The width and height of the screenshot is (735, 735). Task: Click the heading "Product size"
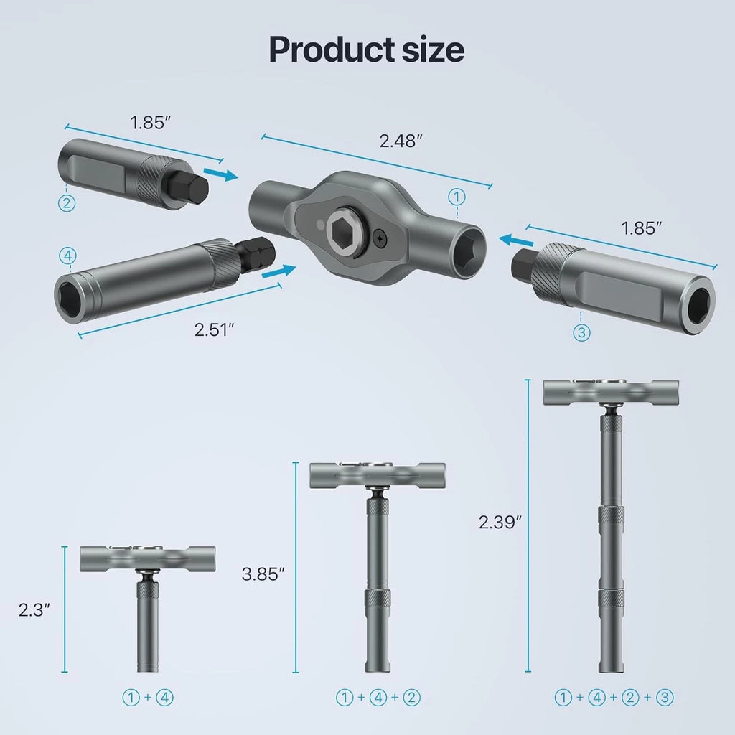366,50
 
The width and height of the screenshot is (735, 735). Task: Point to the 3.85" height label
264,574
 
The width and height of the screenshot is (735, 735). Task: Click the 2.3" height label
34,610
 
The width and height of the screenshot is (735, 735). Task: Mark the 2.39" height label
499,522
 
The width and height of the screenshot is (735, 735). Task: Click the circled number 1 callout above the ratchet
457,195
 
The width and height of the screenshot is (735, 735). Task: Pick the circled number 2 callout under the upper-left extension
67,203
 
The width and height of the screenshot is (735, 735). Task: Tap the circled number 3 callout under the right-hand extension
581,332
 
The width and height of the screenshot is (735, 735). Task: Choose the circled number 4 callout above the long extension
67,255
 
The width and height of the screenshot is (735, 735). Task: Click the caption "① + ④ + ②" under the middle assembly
378,696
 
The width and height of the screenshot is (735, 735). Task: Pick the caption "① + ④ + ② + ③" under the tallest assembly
614,696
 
